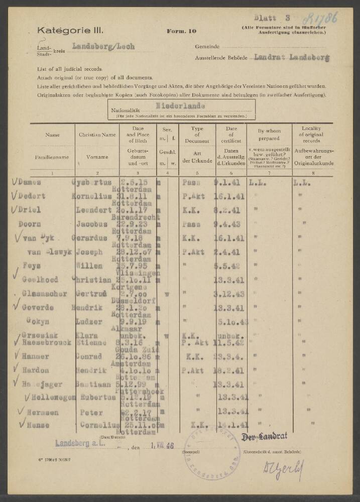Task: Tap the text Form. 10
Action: (182, 31)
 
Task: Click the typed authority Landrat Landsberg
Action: (291, 58)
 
